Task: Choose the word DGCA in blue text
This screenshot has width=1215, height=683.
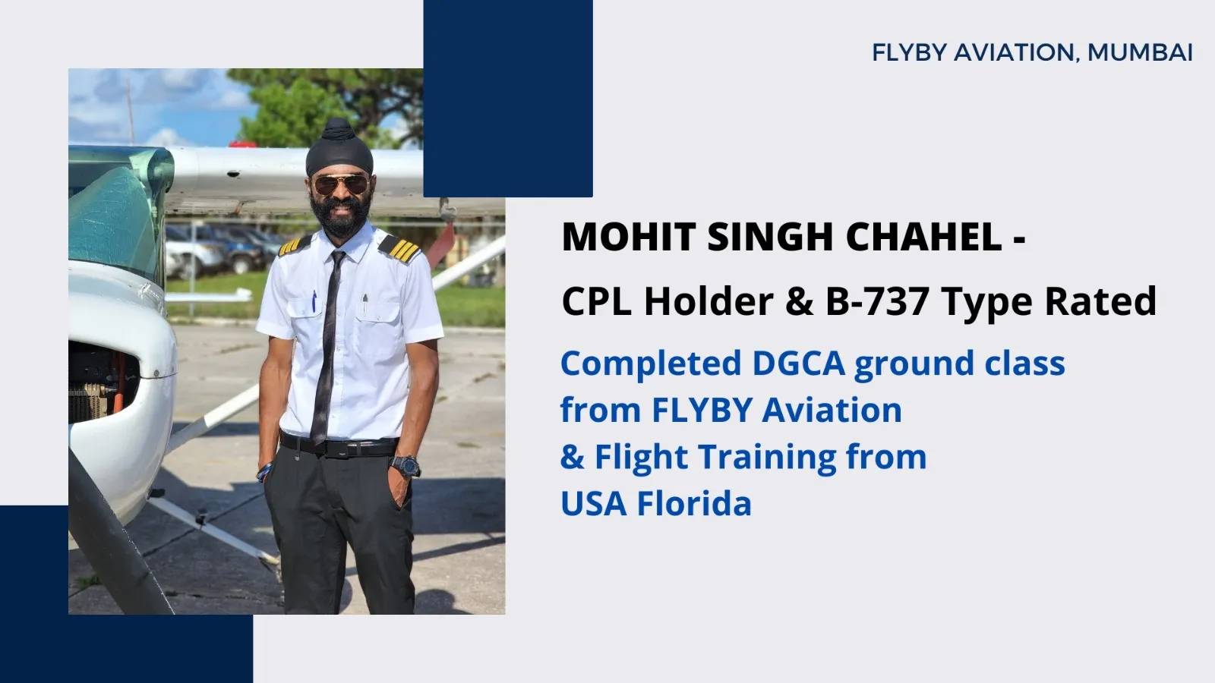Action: [x=798, y=363]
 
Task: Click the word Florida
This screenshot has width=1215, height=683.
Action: [x=694, y=504]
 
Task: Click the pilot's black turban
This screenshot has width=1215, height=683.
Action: [x=339, y=147]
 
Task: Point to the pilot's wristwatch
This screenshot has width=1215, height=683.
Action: [x=406, y=466]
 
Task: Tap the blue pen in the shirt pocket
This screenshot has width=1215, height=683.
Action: [x=314, y=302]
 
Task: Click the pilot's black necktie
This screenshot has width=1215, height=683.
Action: [x=327, y=347]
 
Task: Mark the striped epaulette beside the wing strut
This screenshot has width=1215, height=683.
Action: [x=399, y=248]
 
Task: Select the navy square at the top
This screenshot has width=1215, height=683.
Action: [x=508, y=98]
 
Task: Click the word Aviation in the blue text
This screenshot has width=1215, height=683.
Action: [x=832, y=410]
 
